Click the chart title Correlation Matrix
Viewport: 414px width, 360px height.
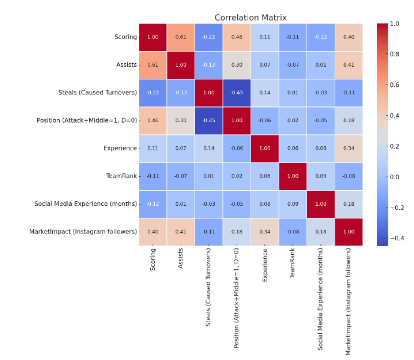(250, 17)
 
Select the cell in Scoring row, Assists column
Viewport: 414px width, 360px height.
(181, 37)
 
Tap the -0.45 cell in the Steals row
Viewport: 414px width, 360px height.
(237, 92)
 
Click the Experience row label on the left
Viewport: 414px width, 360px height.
(120, 148)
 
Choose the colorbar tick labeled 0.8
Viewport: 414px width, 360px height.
(394, 54)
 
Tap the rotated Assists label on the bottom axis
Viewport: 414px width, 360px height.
(181, 258)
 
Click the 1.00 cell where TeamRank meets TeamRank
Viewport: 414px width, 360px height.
(292, 176)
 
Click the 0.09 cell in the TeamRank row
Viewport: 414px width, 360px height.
(320, 176)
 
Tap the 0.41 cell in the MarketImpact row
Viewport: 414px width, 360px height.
(181, 232)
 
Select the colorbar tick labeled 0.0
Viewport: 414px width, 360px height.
(394, 177)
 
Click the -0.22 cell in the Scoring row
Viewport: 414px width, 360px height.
(209, 37)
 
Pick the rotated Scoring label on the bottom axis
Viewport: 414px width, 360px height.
(153, 259)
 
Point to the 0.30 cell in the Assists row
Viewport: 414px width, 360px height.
(237, 65)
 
